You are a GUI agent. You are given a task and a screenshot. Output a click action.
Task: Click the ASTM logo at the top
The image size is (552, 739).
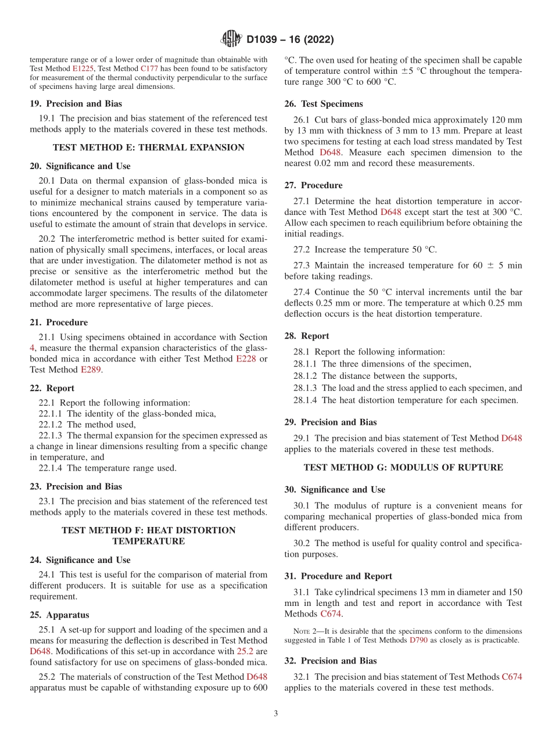pyautogui.click(x=232, y=40)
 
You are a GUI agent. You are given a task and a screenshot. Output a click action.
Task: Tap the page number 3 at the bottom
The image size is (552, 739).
pyautogui.click(x=276, y=713)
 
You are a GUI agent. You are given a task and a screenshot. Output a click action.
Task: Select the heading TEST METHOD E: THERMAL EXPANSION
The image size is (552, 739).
pyautogui.click(x=149, y=148)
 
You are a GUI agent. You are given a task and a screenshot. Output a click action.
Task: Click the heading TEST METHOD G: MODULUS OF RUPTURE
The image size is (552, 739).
pyautogui.click(x=403, y=467)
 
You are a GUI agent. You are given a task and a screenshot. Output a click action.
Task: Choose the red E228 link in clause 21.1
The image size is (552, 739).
pyautogui.click(x=246, y=359)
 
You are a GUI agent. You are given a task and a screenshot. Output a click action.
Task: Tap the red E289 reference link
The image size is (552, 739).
pyautogui.click(x=91, y=369)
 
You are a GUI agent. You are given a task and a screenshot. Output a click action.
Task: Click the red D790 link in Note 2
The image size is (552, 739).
pyautogui.click(x=418, y=640)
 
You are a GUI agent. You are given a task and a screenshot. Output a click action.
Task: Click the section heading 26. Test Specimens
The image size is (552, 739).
pyautogui.click(x=324, y=104)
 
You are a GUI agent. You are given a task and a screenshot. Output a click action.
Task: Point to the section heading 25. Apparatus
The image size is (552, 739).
pyautogui.click(x=59, y=615)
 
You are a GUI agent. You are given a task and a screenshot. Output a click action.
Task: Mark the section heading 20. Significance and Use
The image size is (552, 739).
pyautogui.click(x=80, y=166)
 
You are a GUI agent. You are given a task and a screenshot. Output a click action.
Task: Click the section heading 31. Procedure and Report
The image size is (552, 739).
pyautogui.click(x=338, y=576)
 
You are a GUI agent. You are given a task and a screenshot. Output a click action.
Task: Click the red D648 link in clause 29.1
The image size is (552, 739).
pyautogui.click(x=511, y=438)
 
